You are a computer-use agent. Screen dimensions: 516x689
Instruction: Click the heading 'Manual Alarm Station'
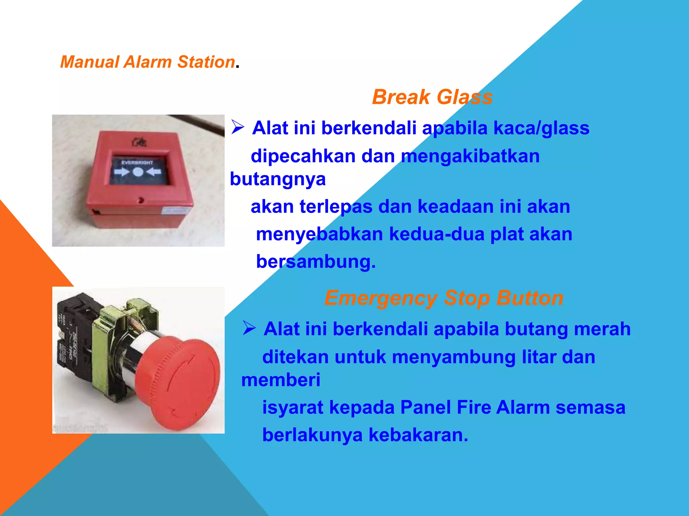pos(147,62)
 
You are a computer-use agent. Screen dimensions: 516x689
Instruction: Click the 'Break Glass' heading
pos(432,97)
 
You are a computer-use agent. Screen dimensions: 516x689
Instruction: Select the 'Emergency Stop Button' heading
pos(444,298)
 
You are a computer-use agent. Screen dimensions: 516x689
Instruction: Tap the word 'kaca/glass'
pos(541,128)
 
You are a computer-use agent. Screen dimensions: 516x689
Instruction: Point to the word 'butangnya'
pos(278,179)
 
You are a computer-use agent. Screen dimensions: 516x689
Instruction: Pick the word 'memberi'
pos(281,380)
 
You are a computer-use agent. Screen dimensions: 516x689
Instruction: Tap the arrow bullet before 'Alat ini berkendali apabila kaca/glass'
pos(238,127)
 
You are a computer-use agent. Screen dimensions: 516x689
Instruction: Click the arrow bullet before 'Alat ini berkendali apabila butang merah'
pos(249,328)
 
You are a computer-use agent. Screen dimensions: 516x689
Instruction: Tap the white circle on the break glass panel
pos(138,172)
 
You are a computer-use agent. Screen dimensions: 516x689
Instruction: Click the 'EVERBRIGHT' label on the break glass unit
pos(137,163)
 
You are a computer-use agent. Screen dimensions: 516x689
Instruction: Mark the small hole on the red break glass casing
pos(141,201)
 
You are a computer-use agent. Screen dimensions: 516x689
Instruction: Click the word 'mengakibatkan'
pos(470,156)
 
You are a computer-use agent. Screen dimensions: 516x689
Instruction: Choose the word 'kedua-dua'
pos(436,234)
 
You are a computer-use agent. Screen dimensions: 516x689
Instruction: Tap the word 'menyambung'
pos(454,357)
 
